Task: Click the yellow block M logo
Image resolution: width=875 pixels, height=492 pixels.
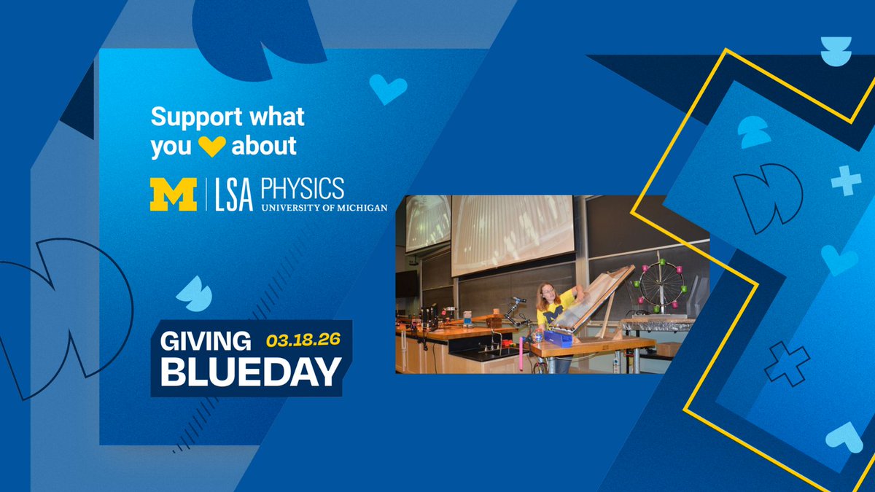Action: coord(174,194)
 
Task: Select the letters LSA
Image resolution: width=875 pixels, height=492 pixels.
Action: coord(235,195)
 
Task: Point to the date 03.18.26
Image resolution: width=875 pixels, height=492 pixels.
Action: coord(304,340)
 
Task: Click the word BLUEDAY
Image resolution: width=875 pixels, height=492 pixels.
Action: coord(250,372)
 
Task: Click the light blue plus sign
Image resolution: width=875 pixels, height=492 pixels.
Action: coord(846,180)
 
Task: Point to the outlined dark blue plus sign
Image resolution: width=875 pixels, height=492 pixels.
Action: coord(787,363)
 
